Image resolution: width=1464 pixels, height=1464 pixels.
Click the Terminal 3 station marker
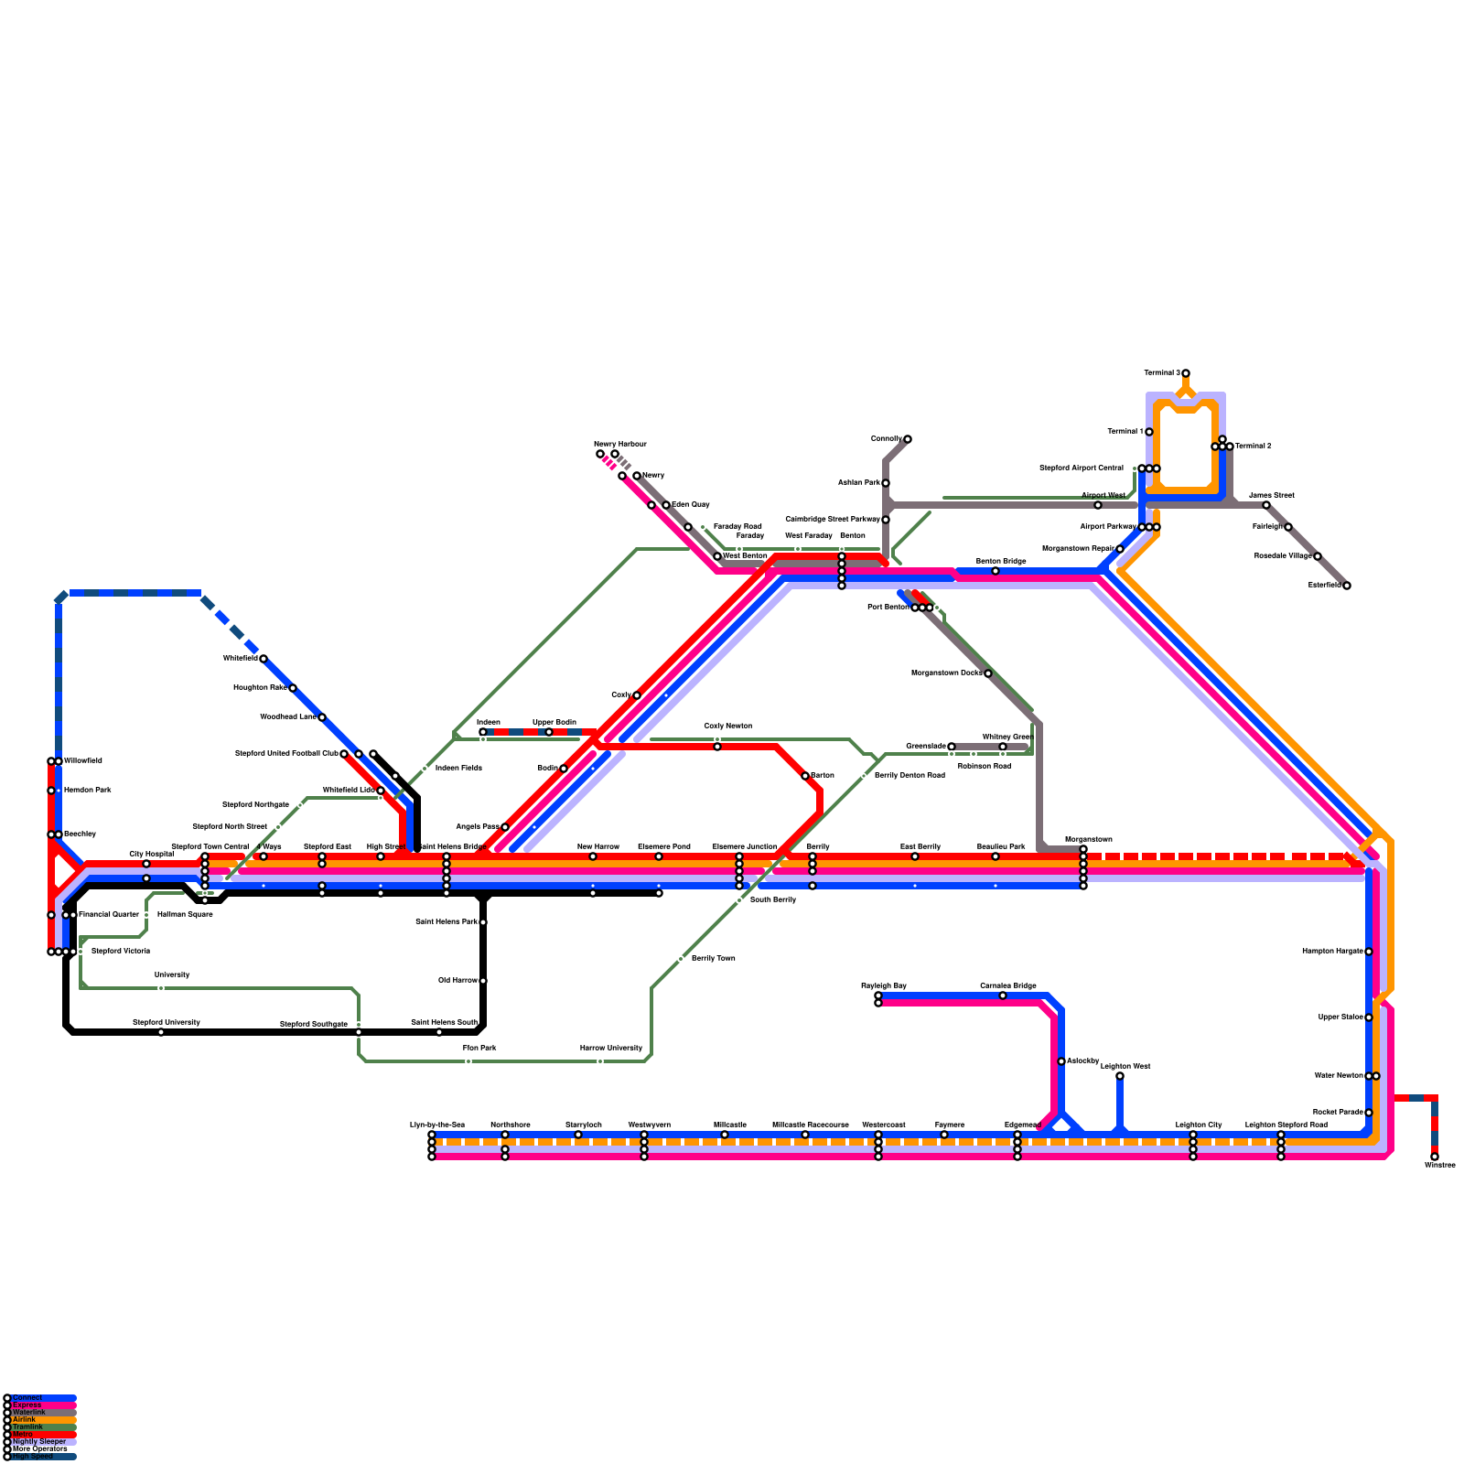tap(1186, 373)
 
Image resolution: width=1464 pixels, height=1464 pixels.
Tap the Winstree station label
tap(1439, 1166)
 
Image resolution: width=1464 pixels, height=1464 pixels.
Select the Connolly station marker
tap(908, 439)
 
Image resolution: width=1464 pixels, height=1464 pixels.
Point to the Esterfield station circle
tap(1347, 586)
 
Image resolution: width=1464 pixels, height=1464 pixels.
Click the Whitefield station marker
tap(264, 659)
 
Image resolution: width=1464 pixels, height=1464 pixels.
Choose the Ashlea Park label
tap(858, 483)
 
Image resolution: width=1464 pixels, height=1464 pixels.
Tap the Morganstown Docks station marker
tap(988, 673)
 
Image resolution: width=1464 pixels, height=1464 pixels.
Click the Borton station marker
tap(805, 776)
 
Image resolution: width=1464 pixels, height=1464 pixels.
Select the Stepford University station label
tap(166, 1023)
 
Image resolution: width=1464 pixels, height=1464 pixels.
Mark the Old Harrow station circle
tap(483, 981)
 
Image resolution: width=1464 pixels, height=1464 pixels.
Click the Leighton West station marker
tap(1120, 1076)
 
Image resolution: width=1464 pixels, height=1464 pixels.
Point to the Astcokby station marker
tap(1061, 1061)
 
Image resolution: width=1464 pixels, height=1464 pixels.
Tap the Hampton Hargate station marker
tap(1369, 952)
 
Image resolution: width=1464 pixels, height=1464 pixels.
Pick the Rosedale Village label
tap(1282, 556)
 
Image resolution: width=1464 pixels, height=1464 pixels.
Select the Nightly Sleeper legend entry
tap(39, 1441)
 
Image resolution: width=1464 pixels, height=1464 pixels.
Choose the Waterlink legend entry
tap(28, 1412)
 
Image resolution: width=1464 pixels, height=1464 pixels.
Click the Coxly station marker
tap(637, 695)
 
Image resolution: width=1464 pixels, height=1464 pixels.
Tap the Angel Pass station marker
tap(505, 827)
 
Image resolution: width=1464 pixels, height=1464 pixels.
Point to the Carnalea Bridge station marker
tap(1003, 996)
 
